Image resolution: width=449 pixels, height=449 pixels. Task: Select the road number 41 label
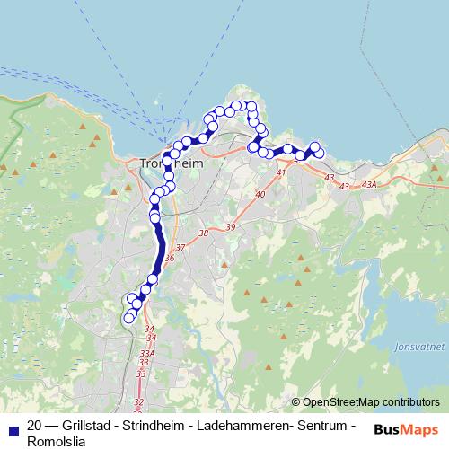coord(281,172)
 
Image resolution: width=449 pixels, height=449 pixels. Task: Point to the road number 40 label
coord(260,194)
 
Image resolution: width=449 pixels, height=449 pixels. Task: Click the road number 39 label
coord(231,227)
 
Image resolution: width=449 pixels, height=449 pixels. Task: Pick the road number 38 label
coord(203,233)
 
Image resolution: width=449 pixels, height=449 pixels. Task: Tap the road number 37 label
coord(180,247)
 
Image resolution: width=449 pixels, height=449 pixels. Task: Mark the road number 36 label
coord(170,258)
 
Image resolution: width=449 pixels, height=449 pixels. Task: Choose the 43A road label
coord(369,185)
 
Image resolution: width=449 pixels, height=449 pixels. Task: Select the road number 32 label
coord(137,402)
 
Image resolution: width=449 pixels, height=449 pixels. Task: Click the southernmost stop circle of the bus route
coord(128,317)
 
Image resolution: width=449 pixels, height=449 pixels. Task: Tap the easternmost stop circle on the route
coord(319,154)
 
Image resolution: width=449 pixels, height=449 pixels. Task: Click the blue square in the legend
coord(13,427)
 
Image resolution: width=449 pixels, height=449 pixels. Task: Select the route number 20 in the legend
coord(35,426)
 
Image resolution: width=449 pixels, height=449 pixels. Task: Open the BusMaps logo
coord(406,429)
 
